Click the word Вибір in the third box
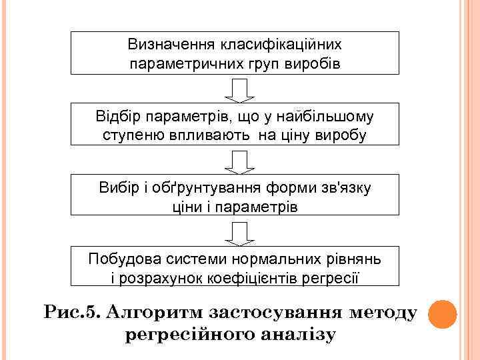116,188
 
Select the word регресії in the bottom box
331,277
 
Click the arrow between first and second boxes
235,88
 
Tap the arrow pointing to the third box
235,160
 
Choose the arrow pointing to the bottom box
235,231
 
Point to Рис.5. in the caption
71,312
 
